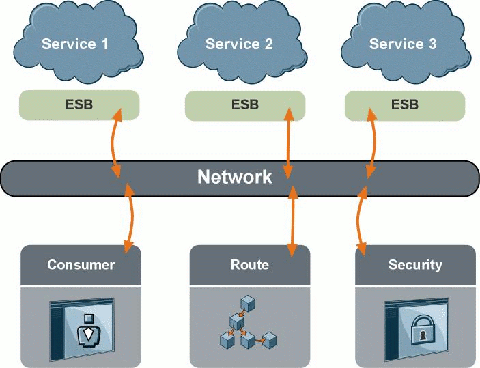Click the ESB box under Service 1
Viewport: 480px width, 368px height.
pos(79,104)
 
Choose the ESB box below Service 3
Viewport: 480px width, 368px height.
pos(404,104)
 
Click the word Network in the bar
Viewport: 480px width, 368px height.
pos(234,178)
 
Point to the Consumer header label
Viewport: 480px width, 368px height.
pos(81,265)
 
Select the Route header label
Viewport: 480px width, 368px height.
pos(249,265)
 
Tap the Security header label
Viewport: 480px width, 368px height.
pos(414,265)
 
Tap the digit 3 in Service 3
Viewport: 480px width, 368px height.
pos(432,44)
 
